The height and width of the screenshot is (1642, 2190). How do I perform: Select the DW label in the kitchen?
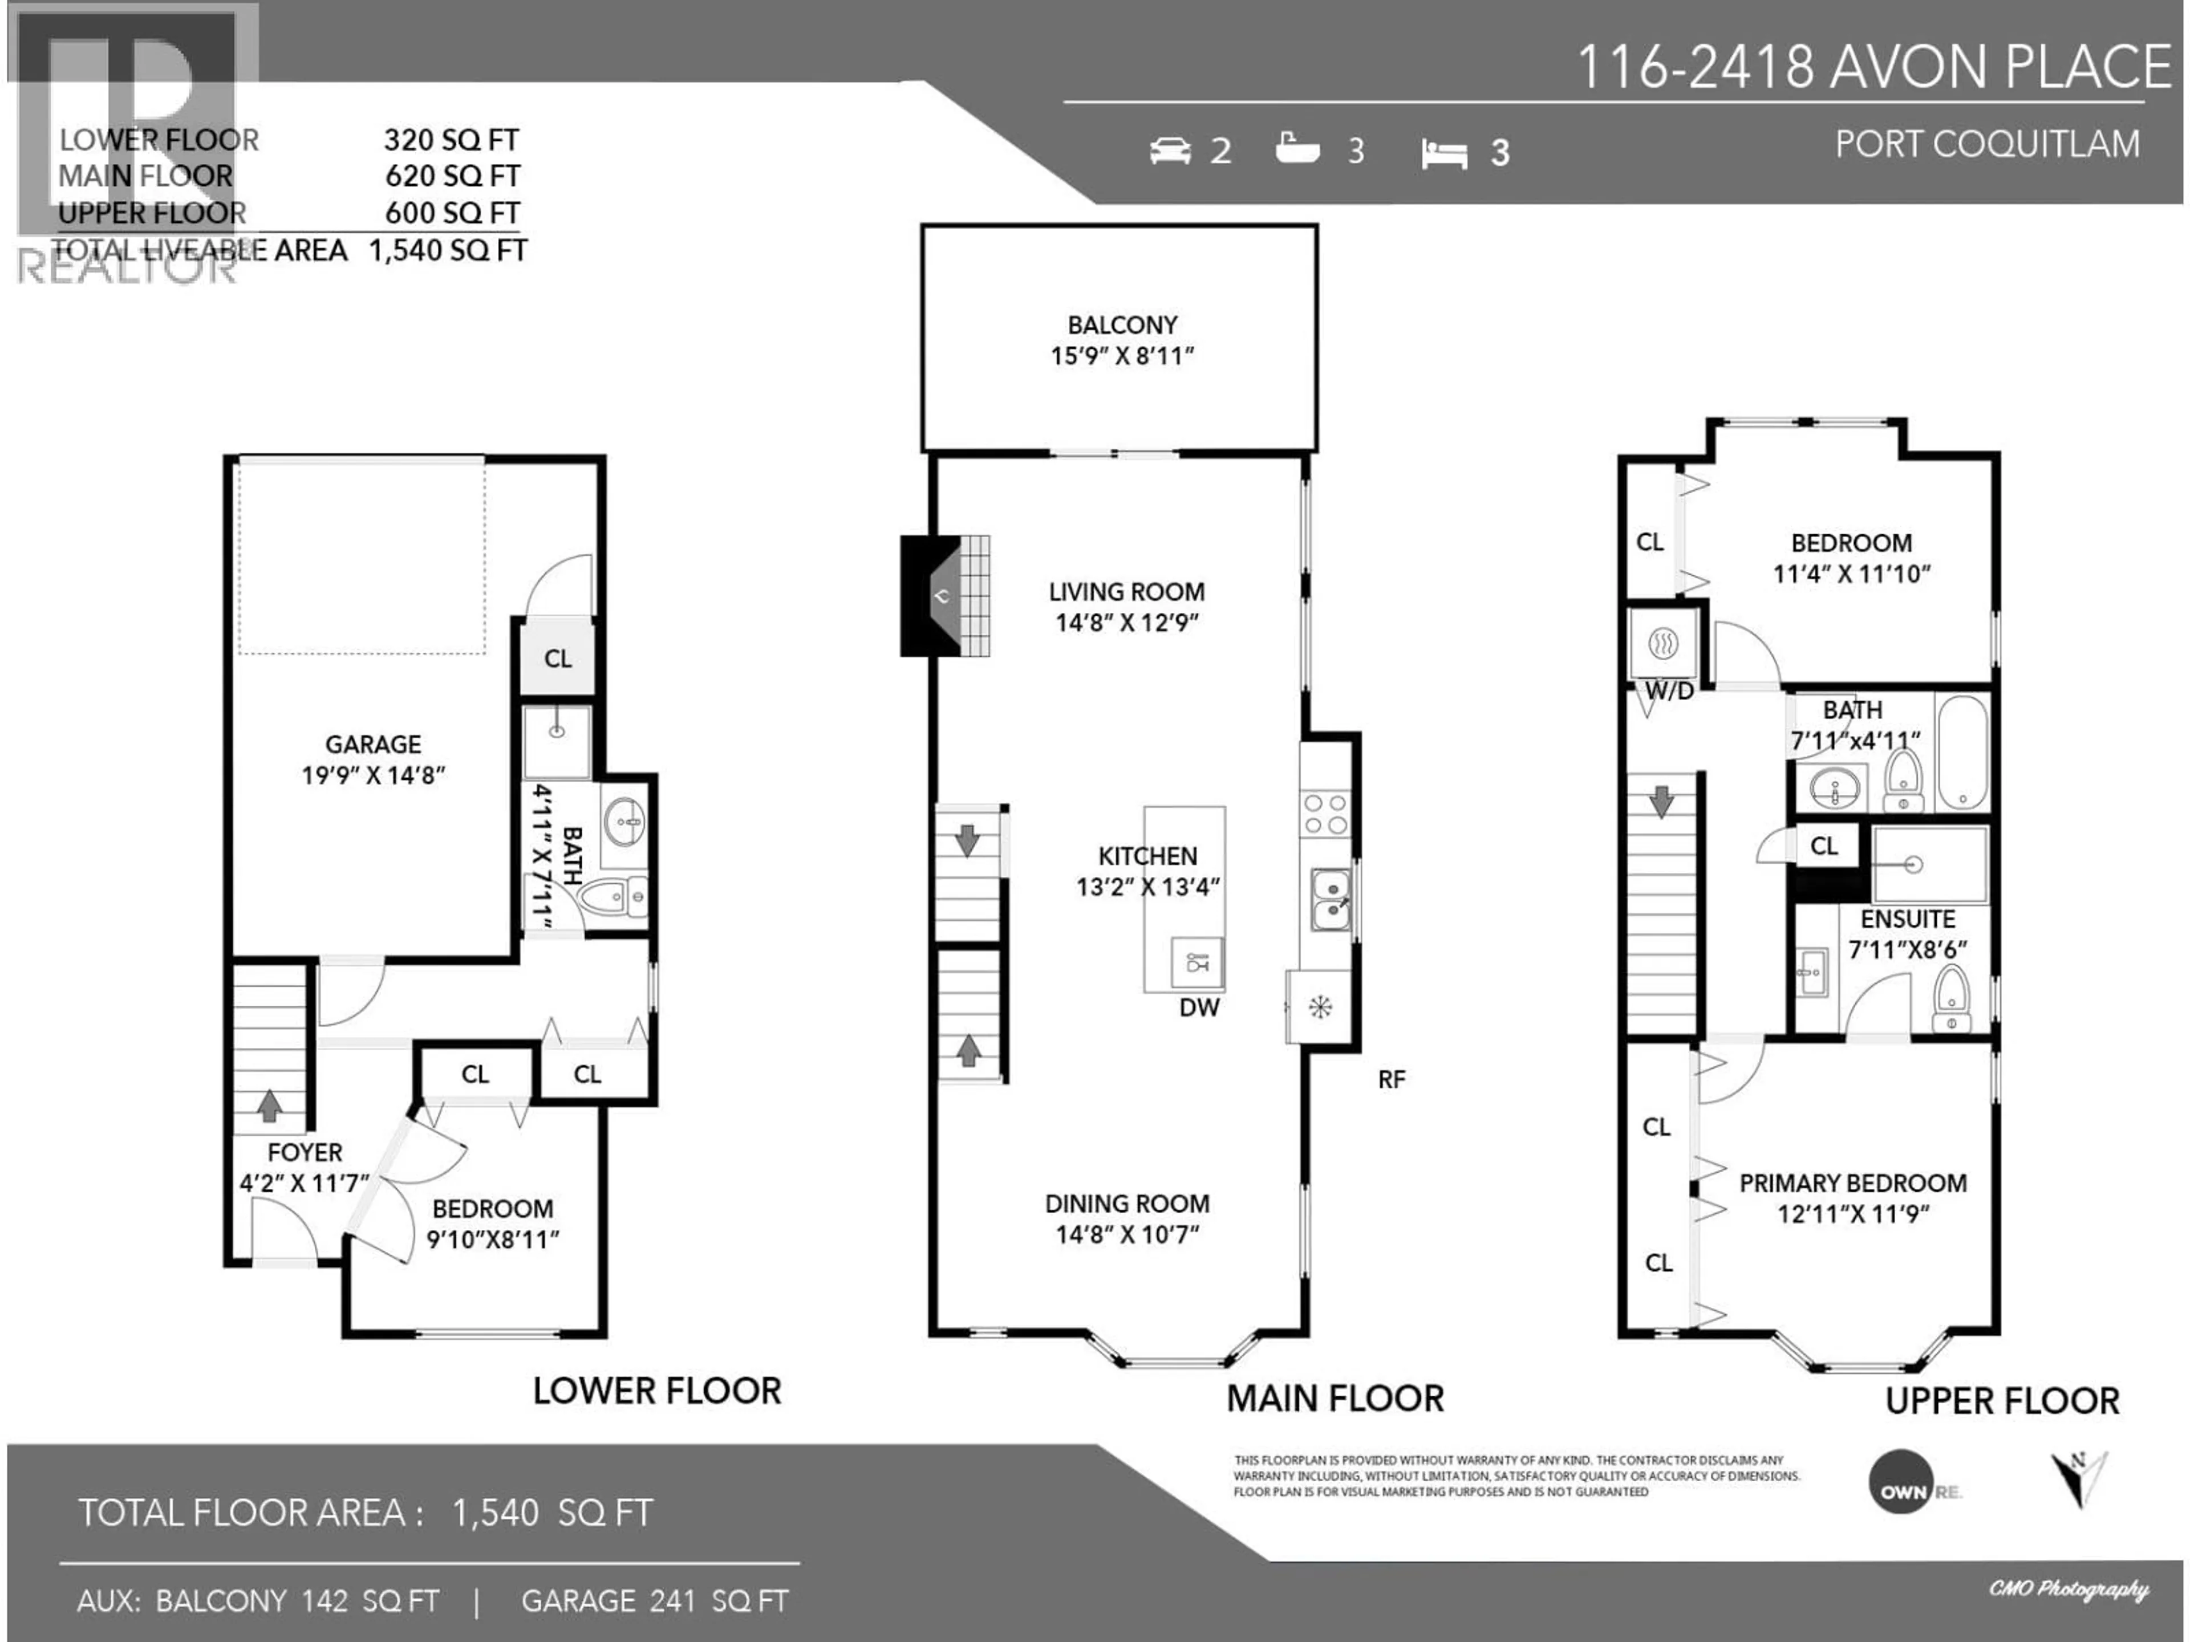(1199, 1007)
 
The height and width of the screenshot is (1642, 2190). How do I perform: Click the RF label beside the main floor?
(1391, 1080)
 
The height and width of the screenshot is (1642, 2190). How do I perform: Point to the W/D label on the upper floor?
(1669, 691)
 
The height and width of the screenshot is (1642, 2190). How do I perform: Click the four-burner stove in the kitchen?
(1325, 814)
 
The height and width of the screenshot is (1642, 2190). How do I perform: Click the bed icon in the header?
(1443, 153)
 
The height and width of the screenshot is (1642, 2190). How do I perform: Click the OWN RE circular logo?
(1901, 1482)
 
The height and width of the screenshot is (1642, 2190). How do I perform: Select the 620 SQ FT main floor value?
(452, 176)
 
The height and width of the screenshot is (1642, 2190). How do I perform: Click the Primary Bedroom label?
(1852, 1183)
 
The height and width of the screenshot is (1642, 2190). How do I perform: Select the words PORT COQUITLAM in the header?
(1987, 144)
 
